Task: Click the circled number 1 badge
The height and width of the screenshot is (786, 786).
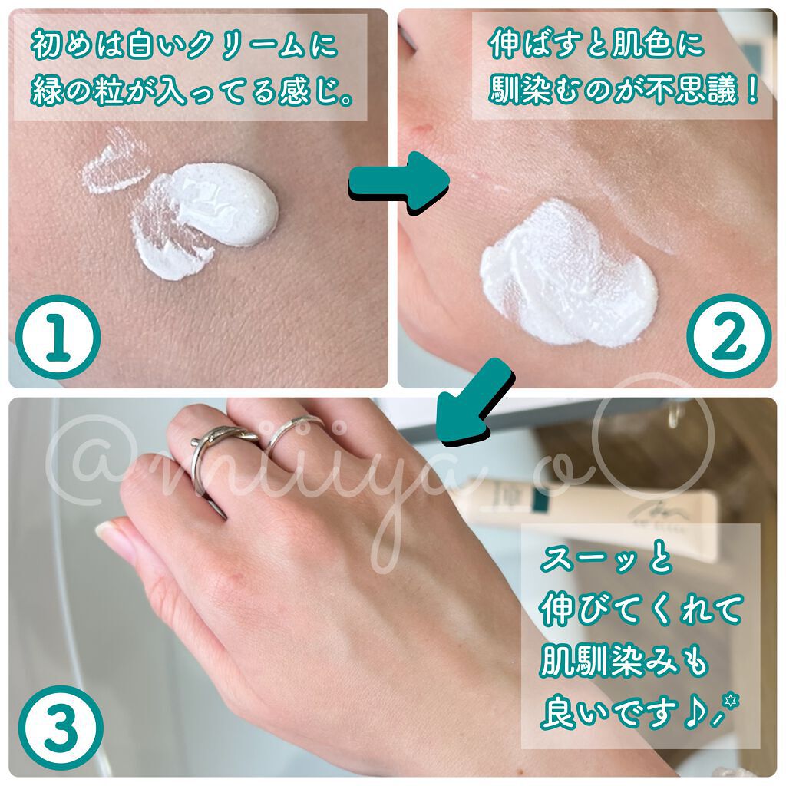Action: (58, 337)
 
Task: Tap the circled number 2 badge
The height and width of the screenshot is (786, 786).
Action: (728, 337)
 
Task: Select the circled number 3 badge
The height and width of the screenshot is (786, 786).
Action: (61, 728)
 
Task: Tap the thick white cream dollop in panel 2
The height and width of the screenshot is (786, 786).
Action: (569, 276)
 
